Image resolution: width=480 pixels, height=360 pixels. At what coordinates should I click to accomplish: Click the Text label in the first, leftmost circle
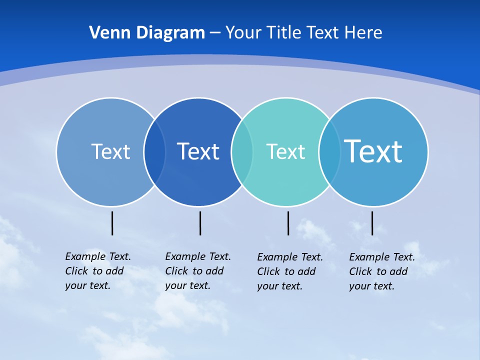[110, 151]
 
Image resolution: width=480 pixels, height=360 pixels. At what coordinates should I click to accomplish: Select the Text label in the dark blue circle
[198, 151]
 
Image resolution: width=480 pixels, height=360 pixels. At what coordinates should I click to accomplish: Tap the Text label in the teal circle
[285, 151]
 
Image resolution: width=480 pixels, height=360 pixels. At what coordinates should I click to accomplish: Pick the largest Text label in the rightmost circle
[373, 151]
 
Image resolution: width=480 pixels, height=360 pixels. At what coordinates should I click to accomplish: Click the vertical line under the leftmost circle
[112, 223]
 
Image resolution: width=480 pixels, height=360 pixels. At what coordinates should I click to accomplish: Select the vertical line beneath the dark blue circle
[200, 223]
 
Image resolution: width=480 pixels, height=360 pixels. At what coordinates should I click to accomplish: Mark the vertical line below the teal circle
[288, 223]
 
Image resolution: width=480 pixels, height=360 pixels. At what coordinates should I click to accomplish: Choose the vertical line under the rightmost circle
[372, 223]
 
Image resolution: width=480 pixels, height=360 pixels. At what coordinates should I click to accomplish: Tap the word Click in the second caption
[176, 271]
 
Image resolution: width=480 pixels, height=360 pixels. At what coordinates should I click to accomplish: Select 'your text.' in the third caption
[280, 286]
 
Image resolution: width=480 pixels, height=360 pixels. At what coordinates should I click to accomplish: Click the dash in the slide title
[215, 33]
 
